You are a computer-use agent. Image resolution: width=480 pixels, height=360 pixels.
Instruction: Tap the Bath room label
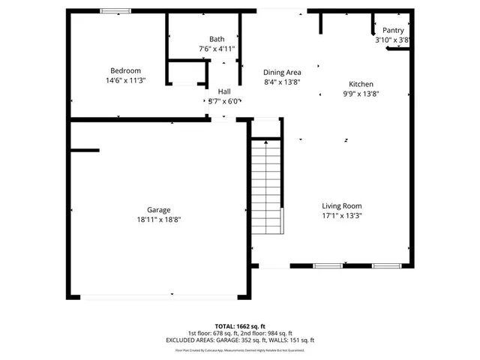(217, 39)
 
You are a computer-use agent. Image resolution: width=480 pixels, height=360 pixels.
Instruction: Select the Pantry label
(394, 31)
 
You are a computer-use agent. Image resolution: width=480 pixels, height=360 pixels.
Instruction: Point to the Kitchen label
(361, 85)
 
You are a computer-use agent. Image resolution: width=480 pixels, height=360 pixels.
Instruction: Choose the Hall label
(224, 91)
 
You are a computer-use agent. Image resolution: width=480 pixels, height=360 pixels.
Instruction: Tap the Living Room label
(342, 206)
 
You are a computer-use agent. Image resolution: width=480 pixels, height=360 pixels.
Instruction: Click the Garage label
(159, 210)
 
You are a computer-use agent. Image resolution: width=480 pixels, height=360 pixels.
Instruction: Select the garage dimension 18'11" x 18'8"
(159, 220)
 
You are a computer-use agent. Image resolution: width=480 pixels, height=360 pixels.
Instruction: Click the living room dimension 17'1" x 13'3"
(342, 216)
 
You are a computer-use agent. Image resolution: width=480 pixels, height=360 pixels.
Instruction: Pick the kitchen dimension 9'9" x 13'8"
(361, 94)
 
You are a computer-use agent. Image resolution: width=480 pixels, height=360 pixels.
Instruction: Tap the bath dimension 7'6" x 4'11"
(217, 49)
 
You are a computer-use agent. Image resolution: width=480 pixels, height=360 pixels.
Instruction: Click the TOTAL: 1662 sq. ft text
(240, 326)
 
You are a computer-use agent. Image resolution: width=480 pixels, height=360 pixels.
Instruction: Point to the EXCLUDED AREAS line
(240, 340)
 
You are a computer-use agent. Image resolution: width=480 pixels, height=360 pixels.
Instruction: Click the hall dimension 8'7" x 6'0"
(224, 100)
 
